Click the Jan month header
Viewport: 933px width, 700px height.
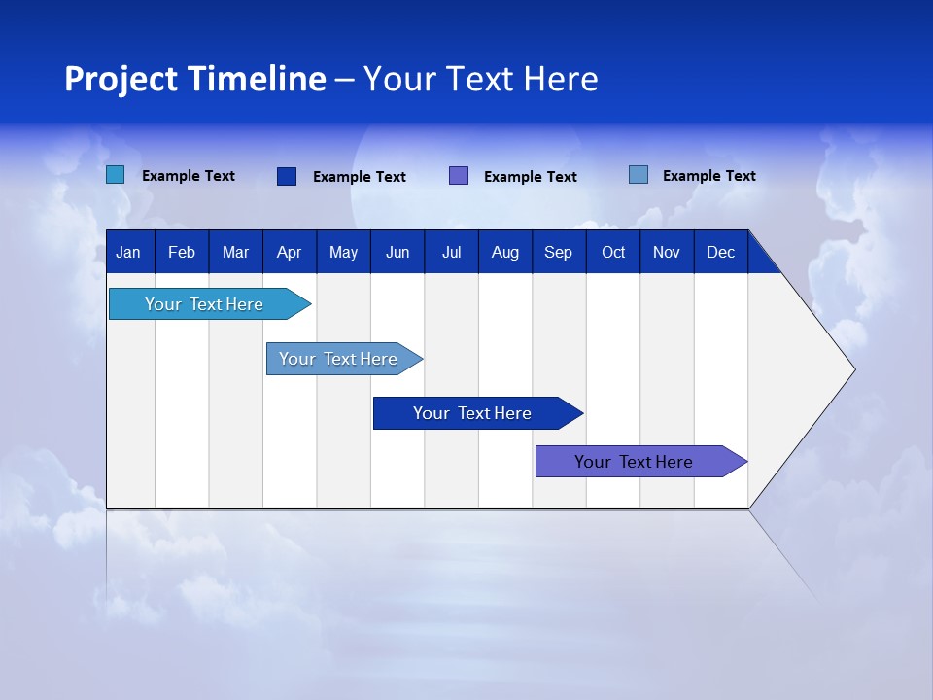click(x=128, y=252)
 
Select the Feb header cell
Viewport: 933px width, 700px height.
click(x=182, y=252)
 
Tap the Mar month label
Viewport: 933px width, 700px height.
click(x=235, y=252)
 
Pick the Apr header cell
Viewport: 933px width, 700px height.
click(x=289, y=252)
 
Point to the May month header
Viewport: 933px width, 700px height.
click(x=343, y=252)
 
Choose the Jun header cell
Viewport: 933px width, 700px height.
click(x=397, y=252)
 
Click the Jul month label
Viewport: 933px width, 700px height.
click(x=451, y=252)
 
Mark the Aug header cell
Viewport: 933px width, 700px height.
click(x=504, y=252)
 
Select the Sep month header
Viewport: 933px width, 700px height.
click(x=558, y=252)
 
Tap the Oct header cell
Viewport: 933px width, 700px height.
click(x=613, y=252)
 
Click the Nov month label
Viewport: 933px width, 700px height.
click(x=667, y=252)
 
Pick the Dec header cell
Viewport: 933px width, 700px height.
click(x=720, y=252)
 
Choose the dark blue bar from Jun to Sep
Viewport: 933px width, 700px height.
click(x=473, y=413)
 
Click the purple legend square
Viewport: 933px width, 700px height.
click(x=459, y=176)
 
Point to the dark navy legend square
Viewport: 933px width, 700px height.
click(x=287, y=176)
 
